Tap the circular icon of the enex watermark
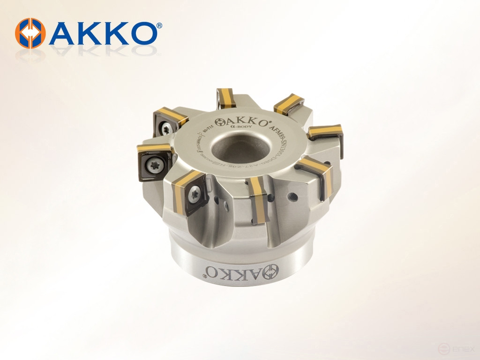pyautogui.click(x=443, y=349)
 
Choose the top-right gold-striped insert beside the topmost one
pyautogui.click(x=288, y=104)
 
